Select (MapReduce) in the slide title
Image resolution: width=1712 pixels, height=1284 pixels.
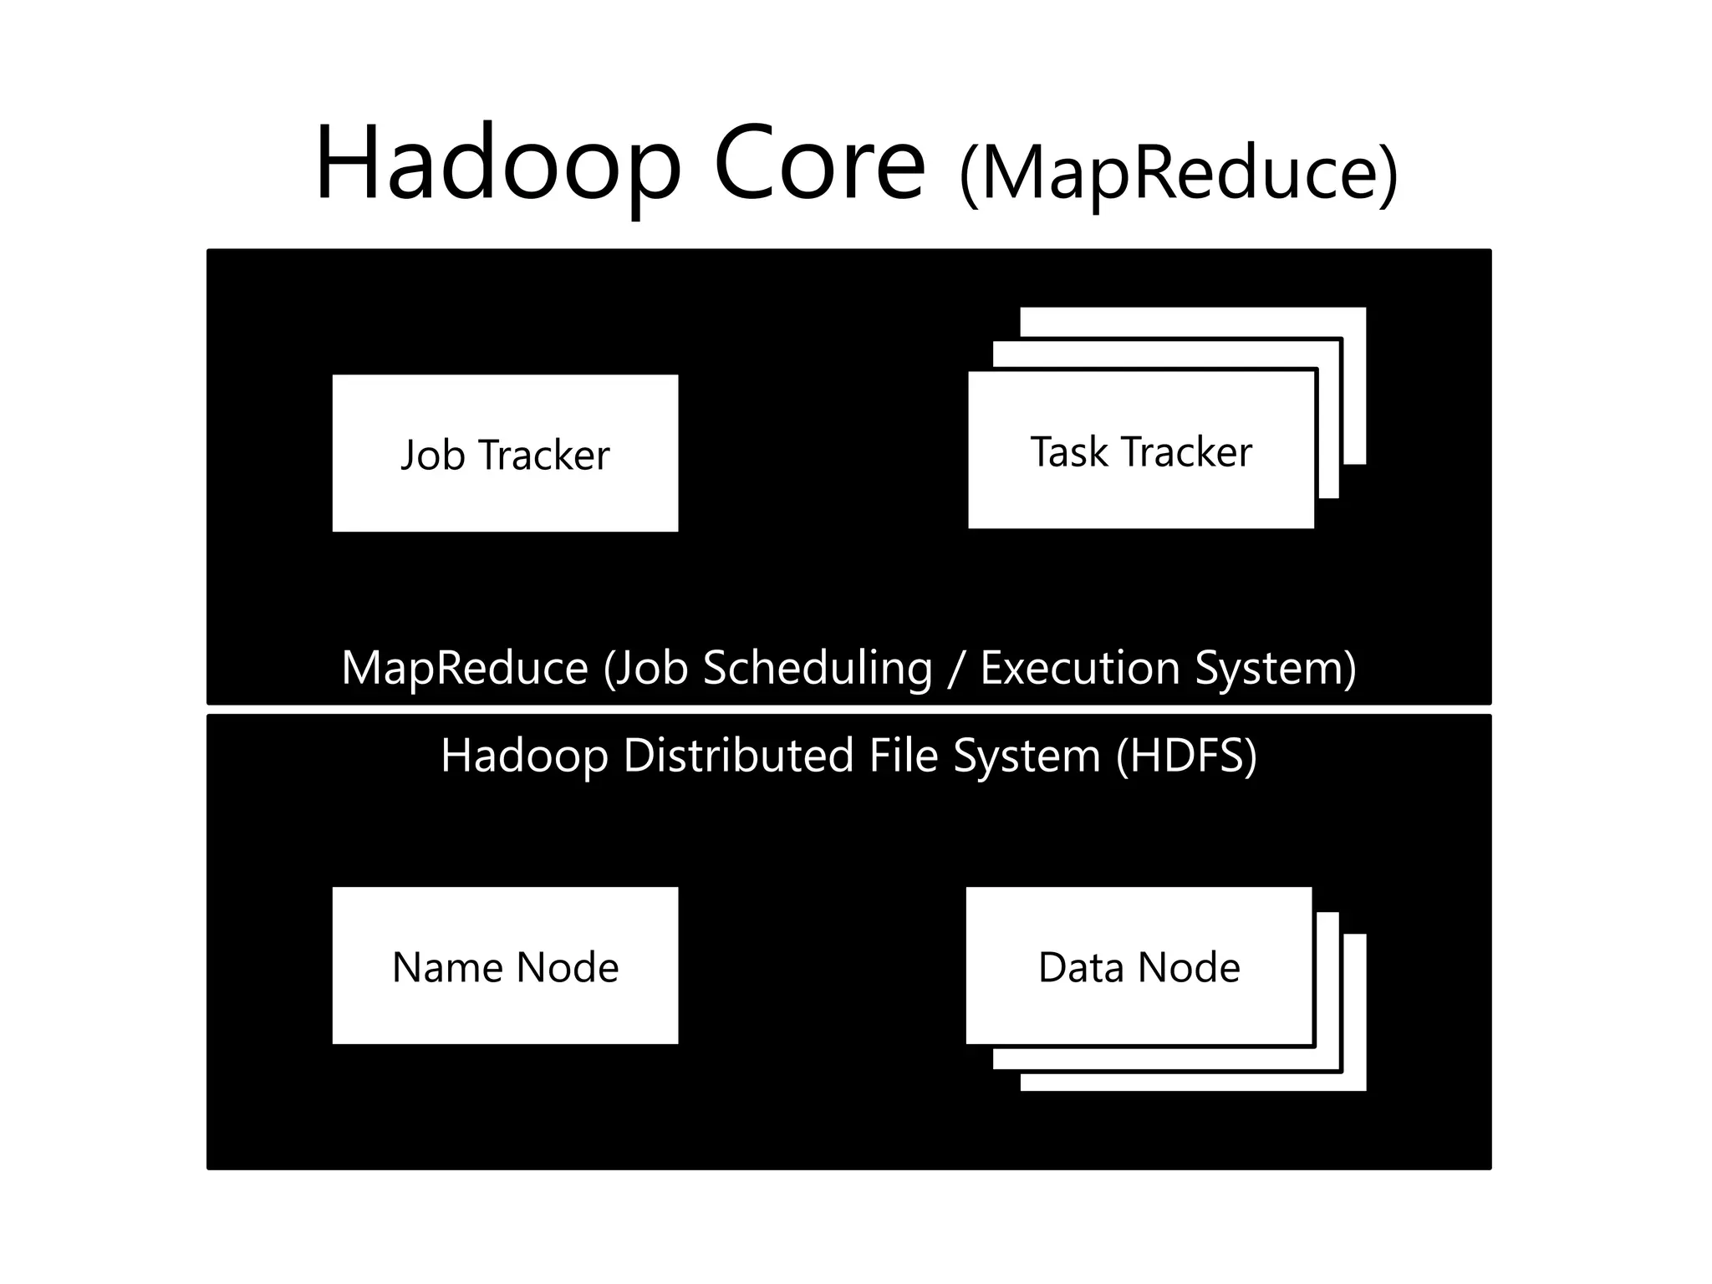[x=1179, y=174]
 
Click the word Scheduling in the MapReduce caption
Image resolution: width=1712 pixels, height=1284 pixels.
[x=817, y=669]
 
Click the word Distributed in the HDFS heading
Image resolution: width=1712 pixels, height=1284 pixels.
[x=738, y=756]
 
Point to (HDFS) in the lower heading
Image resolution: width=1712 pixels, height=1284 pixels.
[x=1186, y=756]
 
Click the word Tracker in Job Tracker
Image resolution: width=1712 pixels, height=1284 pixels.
[x=545, y=456]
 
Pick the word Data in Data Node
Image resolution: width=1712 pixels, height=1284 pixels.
[x=1081, y=968]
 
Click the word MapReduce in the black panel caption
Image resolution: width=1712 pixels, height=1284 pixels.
[x=465, y=669]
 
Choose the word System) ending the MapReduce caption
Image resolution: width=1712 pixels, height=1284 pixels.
[x=1276, y=669]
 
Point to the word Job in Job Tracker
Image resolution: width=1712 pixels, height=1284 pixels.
[x=432, y=456]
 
